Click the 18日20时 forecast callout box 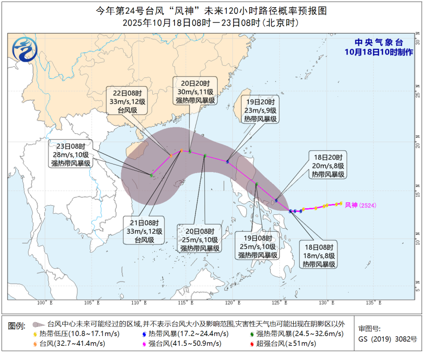[328, 165]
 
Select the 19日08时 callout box [259, 246]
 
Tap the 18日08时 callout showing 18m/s [319, 254]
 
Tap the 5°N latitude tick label [417, 289]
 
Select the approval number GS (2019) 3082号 [387, 339]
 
